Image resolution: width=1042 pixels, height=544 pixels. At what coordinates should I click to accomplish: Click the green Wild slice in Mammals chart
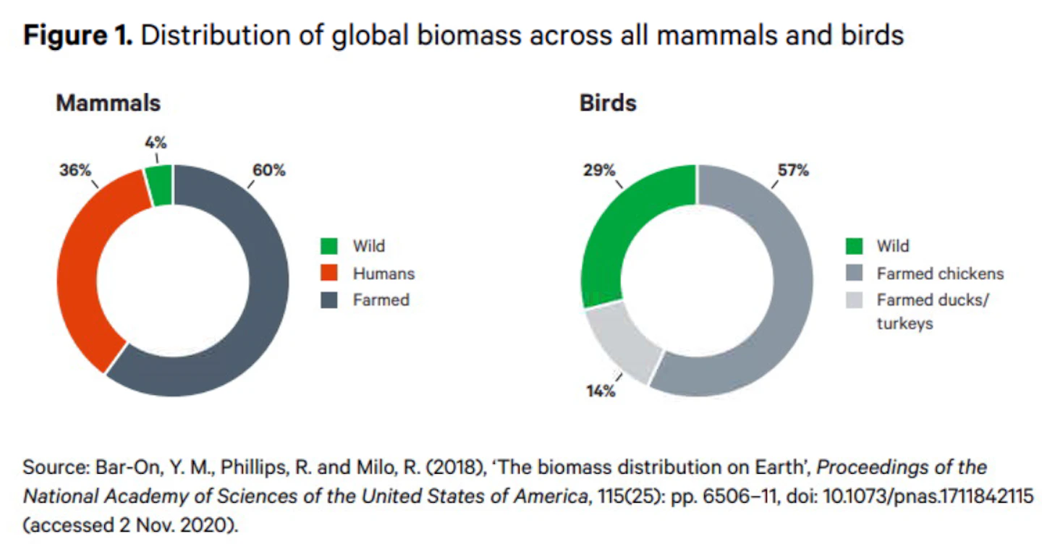click(159, 185)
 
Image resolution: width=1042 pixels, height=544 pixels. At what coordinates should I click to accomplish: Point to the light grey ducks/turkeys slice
click(621, 341)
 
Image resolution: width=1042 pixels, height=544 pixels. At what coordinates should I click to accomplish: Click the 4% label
click(156, 143)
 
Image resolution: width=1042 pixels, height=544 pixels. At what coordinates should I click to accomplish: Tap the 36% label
click(75, 170)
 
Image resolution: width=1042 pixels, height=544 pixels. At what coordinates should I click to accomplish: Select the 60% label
click(269, 170)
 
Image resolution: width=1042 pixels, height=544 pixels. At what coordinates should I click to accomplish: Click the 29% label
click(599, 170)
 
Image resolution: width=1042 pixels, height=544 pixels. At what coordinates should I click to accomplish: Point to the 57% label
click(793, 170)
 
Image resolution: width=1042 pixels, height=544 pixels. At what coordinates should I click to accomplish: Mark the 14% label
click(601, 391)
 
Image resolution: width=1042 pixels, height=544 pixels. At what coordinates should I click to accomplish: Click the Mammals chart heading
click(108, 103)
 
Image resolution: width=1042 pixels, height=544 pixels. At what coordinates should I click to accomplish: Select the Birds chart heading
click(608, 103)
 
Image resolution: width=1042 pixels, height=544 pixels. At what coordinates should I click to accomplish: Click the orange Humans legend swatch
click(329, 273)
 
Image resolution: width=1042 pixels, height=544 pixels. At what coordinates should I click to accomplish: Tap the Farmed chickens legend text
click(940, 273)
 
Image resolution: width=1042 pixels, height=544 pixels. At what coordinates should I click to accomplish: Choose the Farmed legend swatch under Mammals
click(329, 300)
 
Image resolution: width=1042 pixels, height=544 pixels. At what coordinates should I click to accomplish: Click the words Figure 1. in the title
click(78, 35)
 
